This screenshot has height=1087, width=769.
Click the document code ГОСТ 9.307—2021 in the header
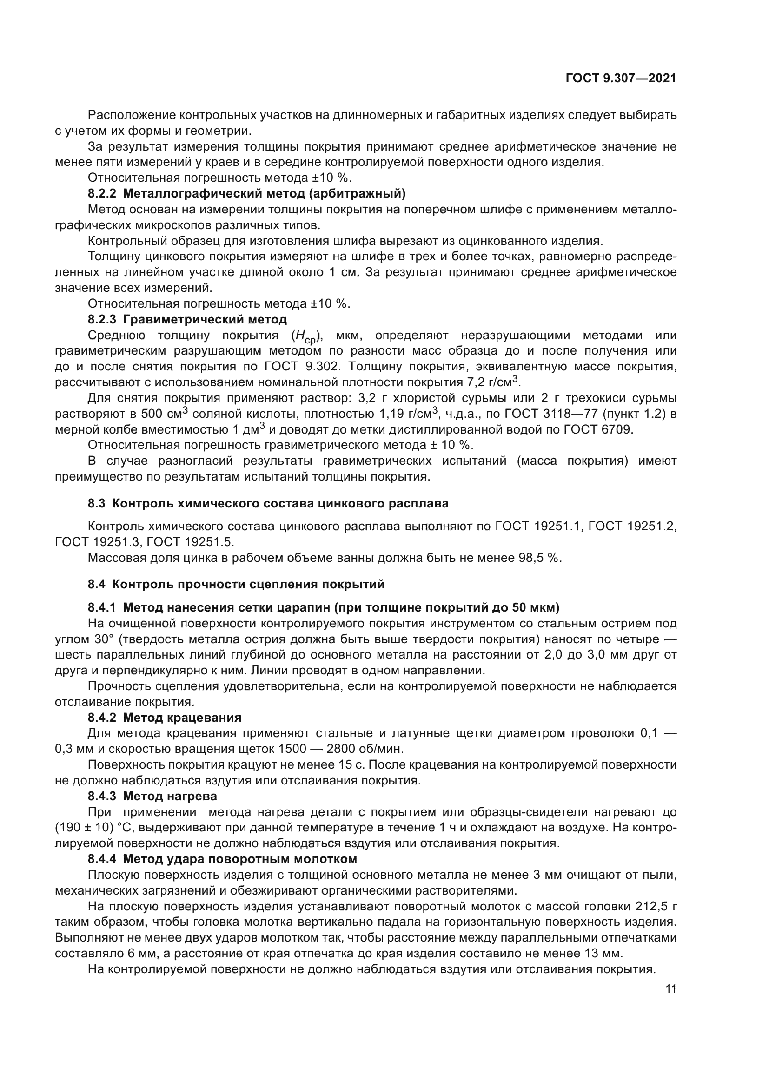(621, 79)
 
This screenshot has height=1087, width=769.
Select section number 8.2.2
(102, 193)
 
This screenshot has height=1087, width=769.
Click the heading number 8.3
(97, 503)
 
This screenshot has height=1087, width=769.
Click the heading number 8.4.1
(102, 607)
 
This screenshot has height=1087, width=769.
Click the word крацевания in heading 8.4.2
(204, 718)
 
